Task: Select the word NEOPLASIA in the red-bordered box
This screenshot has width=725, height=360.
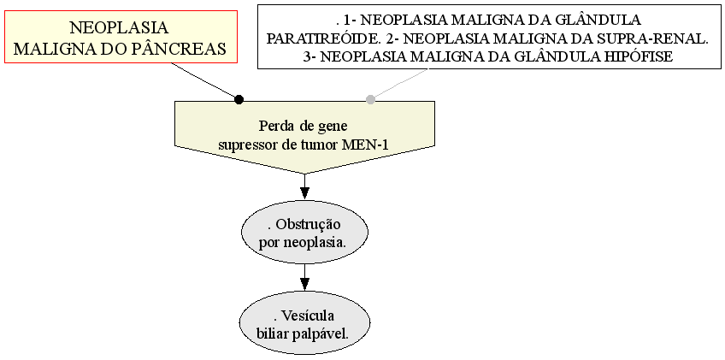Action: [x=120, y=27]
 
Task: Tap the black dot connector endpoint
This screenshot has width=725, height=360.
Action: [x=239, y=99]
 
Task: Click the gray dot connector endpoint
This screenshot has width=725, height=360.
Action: [x=370, y=99]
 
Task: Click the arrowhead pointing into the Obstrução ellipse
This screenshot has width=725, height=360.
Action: [x=304, y=192]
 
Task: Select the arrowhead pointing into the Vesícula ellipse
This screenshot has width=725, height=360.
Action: [x=304, y=284]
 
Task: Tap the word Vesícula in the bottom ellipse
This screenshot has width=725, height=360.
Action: [x=308, y=316]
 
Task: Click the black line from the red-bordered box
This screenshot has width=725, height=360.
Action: [x=205, y=81]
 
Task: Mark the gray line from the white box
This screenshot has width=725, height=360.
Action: [x=399, y=84]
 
